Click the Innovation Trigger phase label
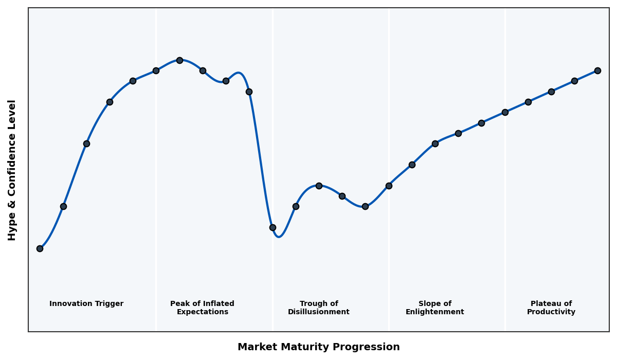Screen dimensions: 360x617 [86, 304]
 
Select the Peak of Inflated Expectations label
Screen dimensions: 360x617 [202, 308]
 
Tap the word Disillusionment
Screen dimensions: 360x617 [319, 312]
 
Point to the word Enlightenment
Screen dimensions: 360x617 [435, 312]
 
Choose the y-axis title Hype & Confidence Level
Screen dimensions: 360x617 [12, 170]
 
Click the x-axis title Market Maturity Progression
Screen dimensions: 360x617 [319, 347]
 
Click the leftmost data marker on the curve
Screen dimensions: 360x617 [40, 248]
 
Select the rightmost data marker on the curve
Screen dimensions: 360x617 [597, 70]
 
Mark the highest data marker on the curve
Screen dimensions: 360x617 [179, 60]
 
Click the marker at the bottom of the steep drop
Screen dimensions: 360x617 [273, 227]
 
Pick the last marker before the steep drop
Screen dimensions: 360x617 [249, 92]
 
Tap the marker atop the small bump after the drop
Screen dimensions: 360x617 [319, 186]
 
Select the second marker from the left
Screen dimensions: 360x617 [63, 206]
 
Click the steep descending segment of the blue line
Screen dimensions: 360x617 [261, 159]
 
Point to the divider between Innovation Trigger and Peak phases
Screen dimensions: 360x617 [156, 206]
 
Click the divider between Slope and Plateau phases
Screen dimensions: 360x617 [505, 206]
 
